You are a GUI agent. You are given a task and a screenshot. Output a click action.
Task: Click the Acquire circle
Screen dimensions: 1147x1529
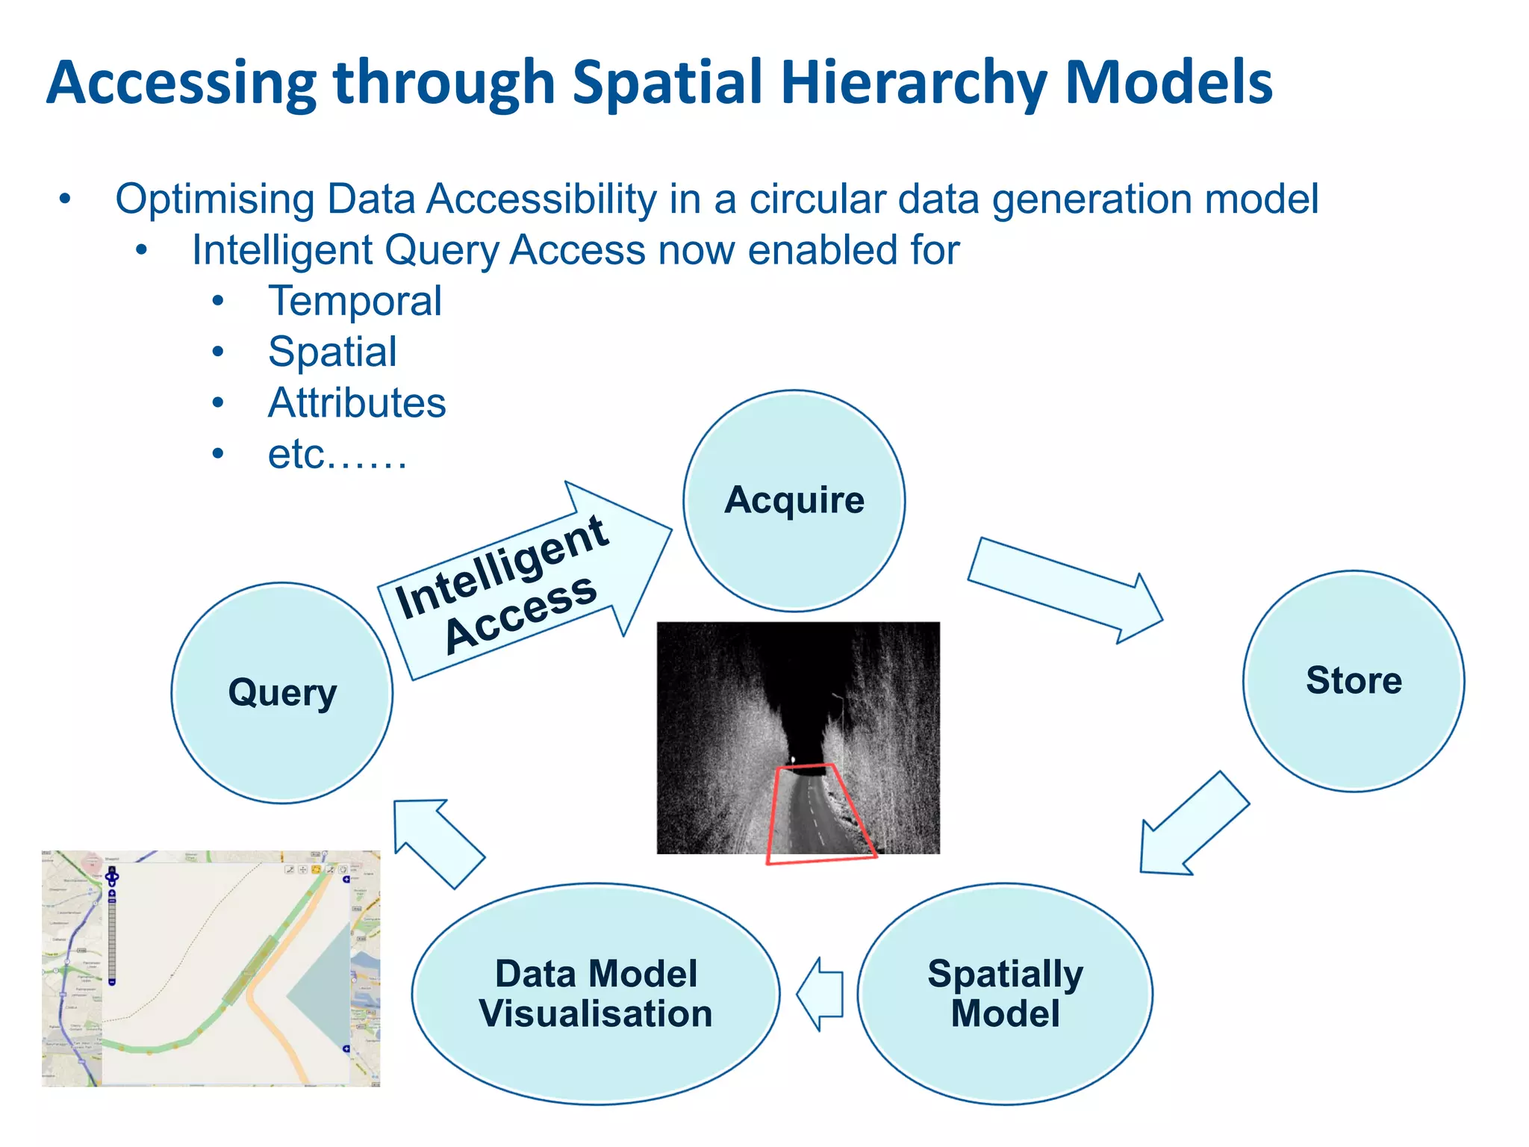click(x=794, y=500)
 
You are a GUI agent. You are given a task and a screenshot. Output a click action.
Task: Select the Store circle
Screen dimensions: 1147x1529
click(x=1353, y=681)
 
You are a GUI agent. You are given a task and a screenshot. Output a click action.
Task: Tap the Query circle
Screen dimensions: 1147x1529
click(x=282, y=693)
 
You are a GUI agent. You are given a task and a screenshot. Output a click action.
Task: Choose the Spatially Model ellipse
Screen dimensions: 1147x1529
click(x=1005, y=994)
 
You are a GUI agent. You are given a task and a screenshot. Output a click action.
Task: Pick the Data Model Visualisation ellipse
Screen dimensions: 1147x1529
click(x=596, y=994)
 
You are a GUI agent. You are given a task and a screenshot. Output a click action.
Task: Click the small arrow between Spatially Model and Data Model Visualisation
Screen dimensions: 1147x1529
click(x=820, y=994)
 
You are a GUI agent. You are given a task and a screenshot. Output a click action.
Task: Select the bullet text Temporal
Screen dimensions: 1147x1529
click(x=355, y=301)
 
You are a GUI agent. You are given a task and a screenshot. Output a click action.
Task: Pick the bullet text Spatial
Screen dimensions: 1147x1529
click(x=332, y=352)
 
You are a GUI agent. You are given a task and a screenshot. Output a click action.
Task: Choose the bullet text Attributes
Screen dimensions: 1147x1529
click(x=357, y=403)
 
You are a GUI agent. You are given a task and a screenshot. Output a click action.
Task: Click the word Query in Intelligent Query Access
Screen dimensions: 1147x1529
click(x=441, y=250)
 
